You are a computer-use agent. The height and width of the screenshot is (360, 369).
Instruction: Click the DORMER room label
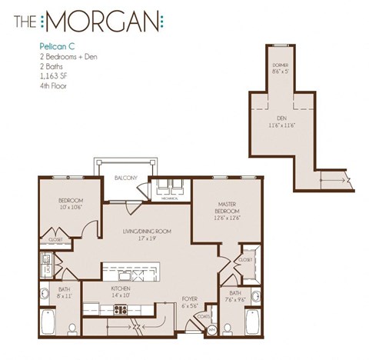pos(281,66)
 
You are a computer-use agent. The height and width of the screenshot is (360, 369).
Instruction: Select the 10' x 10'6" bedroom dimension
pos(70,207)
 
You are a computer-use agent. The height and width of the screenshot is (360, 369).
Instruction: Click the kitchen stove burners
pos(121,310)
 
